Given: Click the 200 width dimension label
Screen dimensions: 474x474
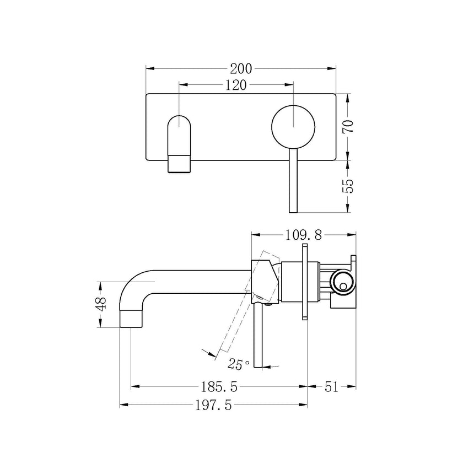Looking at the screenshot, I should pyautogui.click(x=241, y=68).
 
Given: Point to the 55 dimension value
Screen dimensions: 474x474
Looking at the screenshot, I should pyautogui.click(x=347, y=186).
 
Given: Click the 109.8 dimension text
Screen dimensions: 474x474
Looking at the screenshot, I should pyautogui.click(x=303, y=235).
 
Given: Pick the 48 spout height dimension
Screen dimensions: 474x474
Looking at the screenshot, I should pyautogui.click(x=100, y=305).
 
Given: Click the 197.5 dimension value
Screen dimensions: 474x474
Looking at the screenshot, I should pyautogui.click(x=212, y=406).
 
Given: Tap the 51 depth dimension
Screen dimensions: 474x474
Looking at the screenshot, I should pyautogui.click(x=331, y=386).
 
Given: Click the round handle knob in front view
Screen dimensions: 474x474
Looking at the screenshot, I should pyautogui.click(x=293, y=125).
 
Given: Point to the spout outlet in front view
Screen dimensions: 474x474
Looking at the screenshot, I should pyautogui.click(x=179, y=164).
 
